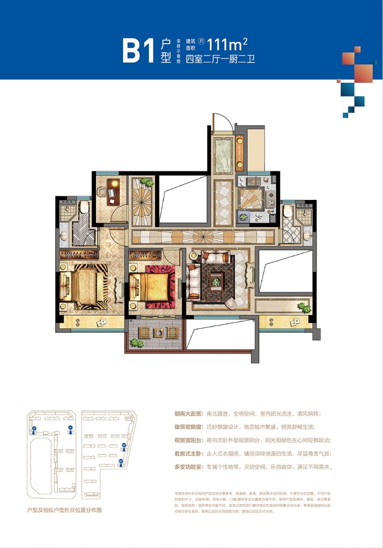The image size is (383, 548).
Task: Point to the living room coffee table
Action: pyautogui.click(x=217, y=279)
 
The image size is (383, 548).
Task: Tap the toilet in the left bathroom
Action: pyautogui.click(x=83, y=208)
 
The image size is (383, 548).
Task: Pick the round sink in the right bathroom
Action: pyautogui.click(x=307, y=235)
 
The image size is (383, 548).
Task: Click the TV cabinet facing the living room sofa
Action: pyautogui.click(x=250, y=278)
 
